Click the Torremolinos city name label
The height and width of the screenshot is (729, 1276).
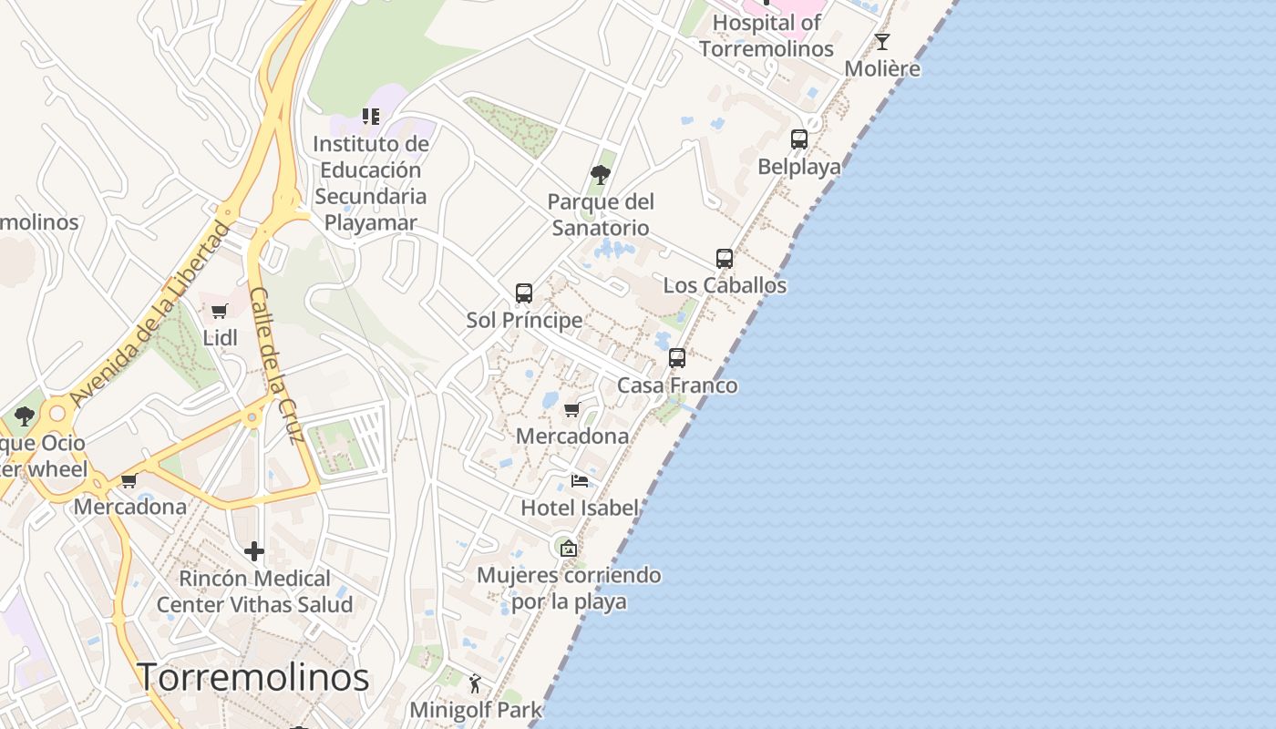252,677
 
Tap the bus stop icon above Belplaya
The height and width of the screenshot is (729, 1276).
799,139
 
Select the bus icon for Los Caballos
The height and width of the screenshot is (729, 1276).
725,259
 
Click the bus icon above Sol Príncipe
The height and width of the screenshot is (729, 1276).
524,293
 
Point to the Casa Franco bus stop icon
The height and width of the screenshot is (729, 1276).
677,358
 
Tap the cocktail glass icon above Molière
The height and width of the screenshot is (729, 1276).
882,42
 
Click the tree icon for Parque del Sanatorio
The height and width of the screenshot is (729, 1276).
600,174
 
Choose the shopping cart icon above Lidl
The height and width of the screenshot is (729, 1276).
220,312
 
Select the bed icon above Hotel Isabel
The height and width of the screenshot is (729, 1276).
580,481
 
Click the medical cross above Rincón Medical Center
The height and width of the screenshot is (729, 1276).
254,551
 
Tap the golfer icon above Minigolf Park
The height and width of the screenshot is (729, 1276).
475,683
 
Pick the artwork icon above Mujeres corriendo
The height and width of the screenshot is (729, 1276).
569,548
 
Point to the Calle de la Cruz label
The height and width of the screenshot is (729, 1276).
275,364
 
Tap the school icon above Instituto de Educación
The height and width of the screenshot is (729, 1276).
371,117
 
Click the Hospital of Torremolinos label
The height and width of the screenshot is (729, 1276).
767,36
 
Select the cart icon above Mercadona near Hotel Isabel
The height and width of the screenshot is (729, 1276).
572,410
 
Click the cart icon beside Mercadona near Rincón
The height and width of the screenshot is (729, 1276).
129,480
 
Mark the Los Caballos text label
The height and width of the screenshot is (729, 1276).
725,285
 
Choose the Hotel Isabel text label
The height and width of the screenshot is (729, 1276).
580,508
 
